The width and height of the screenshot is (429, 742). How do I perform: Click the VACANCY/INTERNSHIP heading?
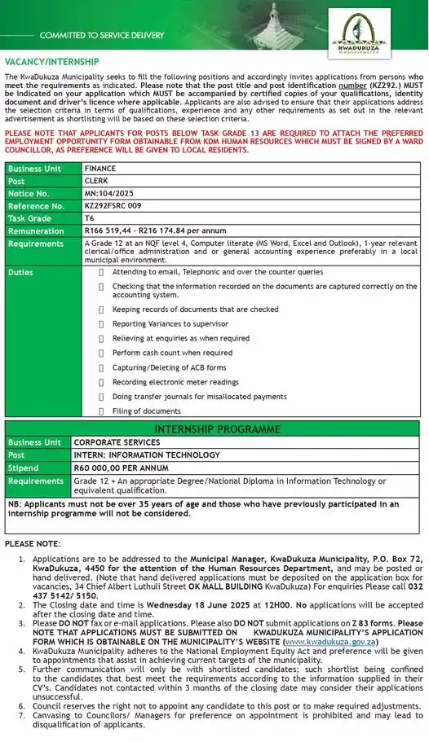click(x=52, y=62)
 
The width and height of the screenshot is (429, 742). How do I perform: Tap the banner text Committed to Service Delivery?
click(x=102, y=35)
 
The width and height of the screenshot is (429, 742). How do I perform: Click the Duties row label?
click(x=21, y=272)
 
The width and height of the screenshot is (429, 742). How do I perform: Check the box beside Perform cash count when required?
click(x=101, y=353)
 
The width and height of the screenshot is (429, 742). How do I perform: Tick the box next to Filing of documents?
click(x=101, y=411)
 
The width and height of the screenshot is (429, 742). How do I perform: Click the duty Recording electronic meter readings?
click(x=175, y=382)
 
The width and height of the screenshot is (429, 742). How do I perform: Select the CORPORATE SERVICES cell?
click(x=117, y=442)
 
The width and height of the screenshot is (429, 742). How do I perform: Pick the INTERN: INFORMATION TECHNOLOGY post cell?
click(x=147, y=455)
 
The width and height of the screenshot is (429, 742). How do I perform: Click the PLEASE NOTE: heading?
click(x=33, y=542)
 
